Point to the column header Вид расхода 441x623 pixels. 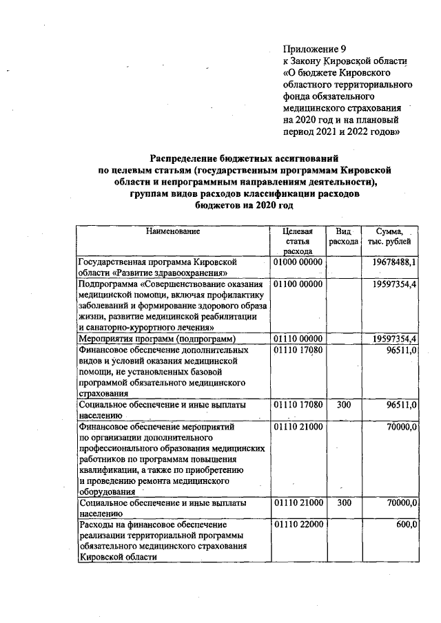click(x=343, y=237)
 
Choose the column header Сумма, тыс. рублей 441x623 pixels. click(x=390, y=237)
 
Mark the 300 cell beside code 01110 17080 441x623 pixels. click(x=343, y=405)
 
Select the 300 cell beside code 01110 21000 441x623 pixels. click(x=343, y=503)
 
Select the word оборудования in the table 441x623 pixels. click(x=107, y=492)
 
